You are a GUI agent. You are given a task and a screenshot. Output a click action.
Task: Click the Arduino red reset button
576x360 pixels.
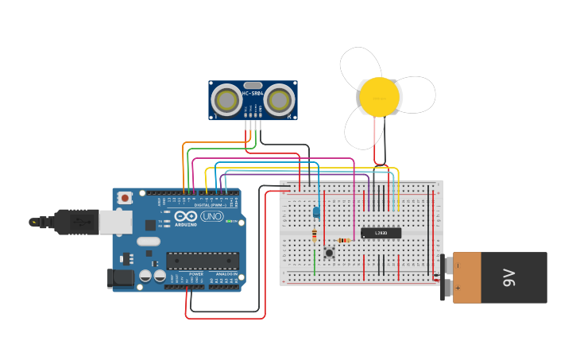(x=125, y=198)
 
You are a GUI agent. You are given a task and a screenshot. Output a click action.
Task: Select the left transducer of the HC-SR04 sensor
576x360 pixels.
(x=227, y=100)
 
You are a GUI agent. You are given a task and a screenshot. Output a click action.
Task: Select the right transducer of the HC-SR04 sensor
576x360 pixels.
(x=279, y=100)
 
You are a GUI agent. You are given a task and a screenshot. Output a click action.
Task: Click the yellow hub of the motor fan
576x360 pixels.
(x=379, y=96)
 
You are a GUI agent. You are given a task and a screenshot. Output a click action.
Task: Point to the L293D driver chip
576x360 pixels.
(x=381, y=233)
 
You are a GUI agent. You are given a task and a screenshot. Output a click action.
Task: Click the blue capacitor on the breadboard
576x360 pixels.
(x=316, y=212)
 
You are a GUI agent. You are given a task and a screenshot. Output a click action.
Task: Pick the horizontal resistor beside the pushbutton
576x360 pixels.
(x=343, y=240)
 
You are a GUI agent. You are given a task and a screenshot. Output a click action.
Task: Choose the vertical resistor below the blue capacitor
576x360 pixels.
(x=315, y=235)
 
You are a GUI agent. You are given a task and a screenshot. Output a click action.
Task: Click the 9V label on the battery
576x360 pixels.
(x=509, y=277)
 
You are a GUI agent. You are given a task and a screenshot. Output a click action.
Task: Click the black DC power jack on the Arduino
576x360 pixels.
(x=120, y=277)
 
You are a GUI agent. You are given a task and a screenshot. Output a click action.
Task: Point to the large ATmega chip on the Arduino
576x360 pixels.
(x=203, y=260)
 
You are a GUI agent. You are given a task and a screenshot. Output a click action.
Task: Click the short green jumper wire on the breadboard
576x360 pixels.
(x=315, y=262)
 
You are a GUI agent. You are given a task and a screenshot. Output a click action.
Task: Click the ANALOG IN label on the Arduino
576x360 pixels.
(x=227, y=274)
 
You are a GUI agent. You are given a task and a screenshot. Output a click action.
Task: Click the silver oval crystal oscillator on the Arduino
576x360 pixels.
(x=148, y=241)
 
